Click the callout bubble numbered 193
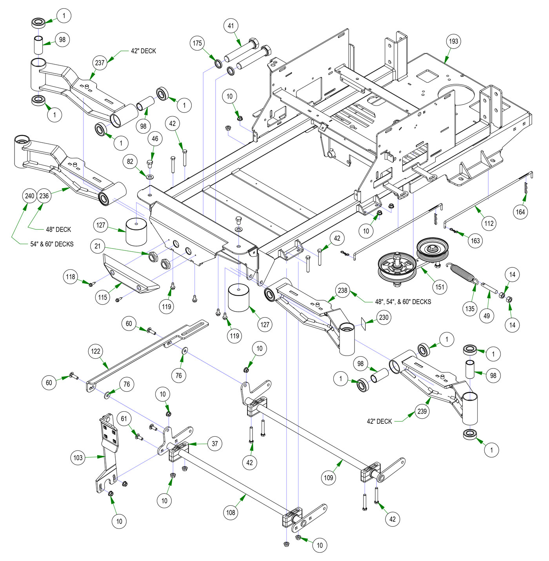tap(453, 41)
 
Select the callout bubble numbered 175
tap(198, 43)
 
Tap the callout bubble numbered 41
tap(231, 26)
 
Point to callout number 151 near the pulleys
tap(440, 287)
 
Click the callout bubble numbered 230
tap(384, 317)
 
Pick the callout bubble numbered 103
tap(78, 458)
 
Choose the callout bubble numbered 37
tap(215, 444)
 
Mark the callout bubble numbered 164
tap(520, 212)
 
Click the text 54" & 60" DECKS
tap(52, 244)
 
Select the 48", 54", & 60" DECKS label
tap(403, 301)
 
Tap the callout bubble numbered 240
tap(30, 196)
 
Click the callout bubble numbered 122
tap(96, 351)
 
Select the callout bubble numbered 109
tap(328, 477)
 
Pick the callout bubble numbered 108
tap(231, 512)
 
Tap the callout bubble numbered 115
tap(103, 297)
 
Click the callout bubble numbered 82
tap(130, 162)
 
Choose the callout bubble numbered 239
tap(422, 411)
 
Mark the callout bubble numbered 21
tap(98, 246)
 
